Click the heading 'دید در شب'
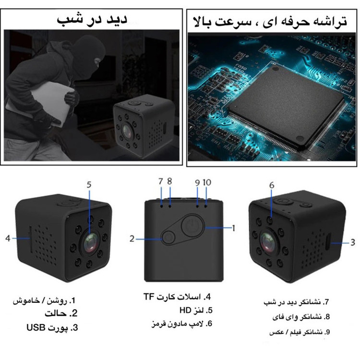(92, 19)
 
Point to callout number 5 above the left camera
(89, 185)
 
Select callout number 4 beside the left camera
(8, 238)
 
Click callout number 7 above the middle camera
(161, 181)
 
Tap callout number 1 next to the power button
(233, 228)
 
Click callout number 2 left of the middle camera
(132, 239)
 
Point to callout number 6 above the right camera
(272, 185)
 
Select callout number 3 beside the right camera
(353, 242)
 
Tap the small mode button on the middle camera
(169, 238)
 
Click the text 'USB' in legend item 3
(36, 327)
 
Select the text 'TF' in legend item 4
(149, 297)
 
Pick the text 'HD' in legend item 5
(185, 311)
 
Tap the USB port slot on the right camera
(328, 241)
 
